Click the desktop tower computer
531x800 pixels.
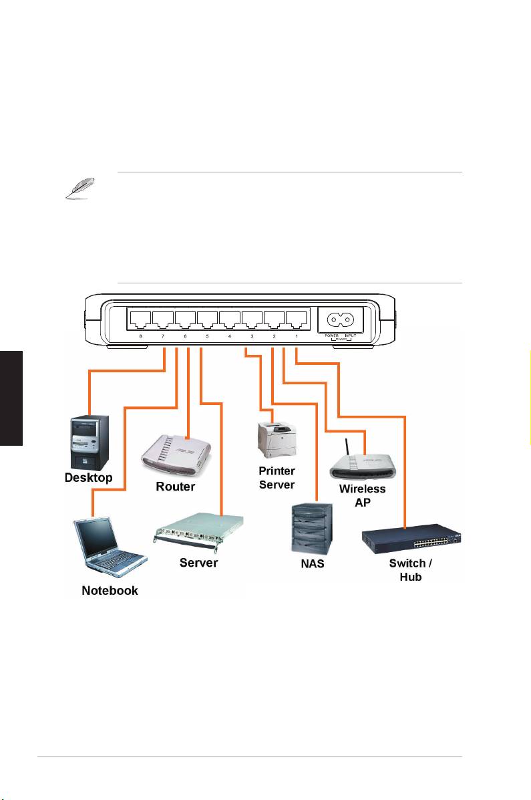click(x=88, y=442)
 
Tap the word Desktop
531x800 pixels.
click(x=88, y=478)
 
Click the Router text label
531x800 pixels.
click(x=175, y=487)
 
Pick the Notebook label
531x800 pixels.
click(x=110, y=590)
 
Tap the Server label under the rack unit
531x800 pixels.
click(x=198, y=563)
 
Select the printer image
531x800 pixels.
click(x=276, y=437)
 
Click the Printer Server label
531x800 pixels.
click(x=277, y=477)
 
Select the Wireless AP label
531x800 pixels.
click(x=363, y=495)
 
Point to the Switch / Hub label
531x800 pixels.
click(x=411, y=569)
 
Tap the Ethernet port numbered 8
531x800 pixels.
click(x=141, y=317)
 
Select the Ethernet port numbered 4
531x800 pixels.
click(x=230, y=317)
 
